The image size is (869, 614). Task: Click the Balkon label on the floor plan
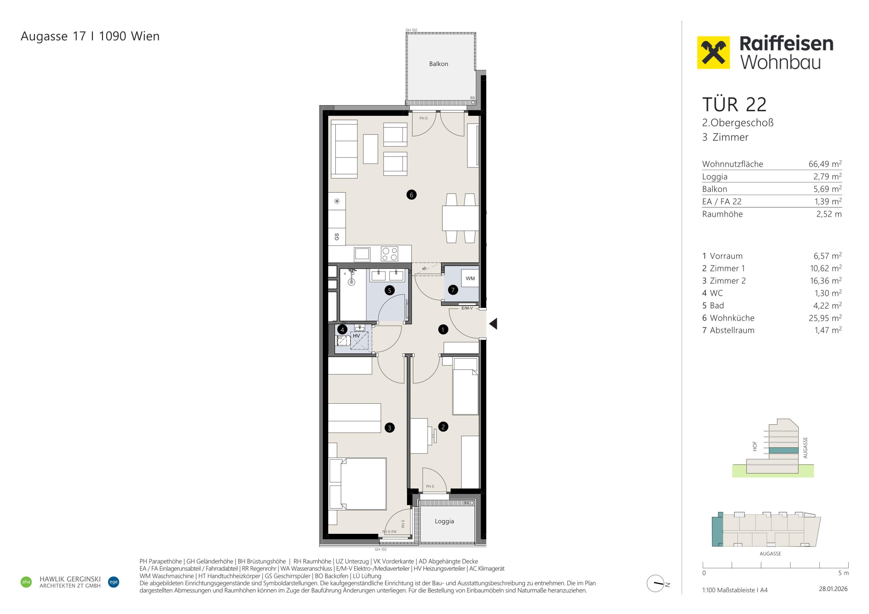tap(438, 64)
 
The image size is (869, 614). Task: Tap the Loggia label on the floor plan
tap(444, 521)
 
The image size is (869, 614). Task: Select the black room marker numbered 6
tap(411, 195)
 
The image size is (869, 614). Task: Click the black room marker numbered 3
tap(389, 428)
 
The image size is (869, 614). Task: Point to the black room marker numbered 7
tap(453, 290)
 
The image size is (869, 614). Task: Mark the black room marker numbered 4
tap(342, 329)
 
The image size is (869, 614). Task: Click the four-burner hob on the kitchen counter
tap(389, 254)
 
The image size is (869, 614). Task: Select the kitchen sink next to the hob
tap(362, 254)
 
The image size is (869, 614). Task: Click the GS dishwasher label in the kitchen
tap(337, 237)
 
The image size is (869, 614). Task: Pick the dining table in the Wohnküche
tap(461, 218)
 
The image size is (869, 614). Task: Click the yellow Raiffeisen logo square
tap(713, 53)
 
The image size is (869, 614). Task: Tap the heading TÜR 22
tap(734, 104)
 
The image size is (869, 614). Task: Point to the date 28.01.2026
tap(833, 589)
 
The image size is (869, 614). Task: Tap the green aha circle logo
tap(26, 582)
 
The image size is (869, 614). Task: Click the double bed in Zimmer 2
tap(358, 484)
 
